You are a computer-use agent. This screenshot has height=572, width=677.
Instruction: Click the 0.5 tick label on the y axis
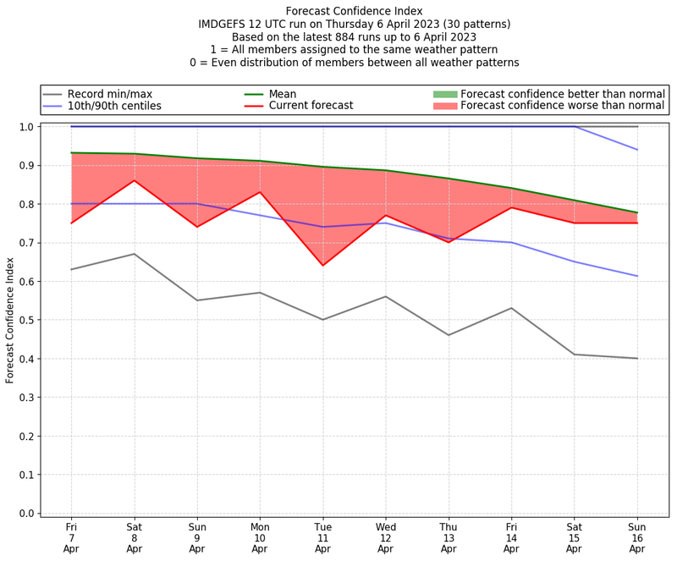coord(25,320)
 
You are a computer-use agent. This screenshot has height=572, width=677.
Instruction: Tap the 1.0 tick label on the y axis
coord(25,127)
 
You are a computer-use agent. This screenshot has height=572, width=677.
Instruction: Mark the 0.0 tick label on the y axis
coord(25,514)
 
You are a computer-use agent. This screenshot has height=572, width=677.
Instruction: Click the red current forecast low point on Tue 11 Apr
coord(322,266)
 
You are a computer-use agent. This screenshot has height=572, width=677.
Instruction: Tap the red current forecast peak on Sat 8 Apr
coord(134,180)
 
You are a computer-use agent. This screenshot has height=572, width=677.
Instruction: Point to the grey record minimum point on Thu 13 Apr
coord(449,335)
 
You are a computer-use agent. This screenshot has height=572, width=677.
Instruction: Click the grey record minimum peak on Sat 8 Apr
coord(134,254)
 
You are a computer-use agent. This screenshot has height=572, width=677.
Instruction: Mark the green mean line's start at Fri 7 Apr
coord(71,153)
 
